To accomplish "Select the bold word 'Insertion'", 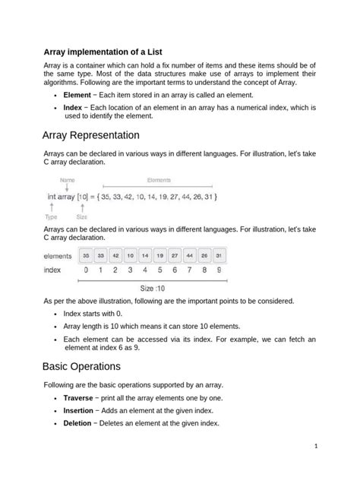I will pos(78,411).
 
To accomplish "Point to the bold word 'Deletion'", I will pos(77,424).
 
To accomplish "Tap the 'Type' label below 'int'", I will pos(52,216).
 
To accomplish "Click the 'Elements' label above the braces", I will pos(159,180).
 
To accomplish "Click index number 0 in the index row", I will pos(86,270).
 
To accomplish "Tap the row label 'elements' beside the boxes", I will pos(58,256).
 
